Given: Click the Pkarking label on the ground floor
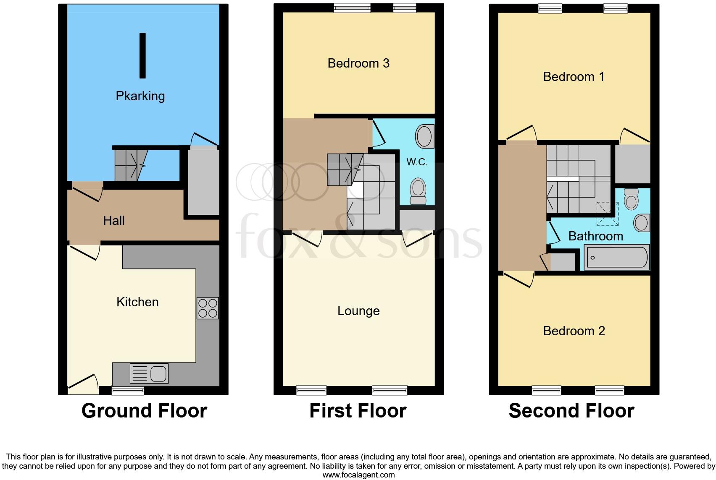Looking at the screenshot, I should tap(140, 96).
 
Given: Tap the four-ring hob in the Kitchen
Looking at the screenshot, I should tap(208, 308).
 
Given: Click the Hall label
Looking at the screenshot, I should tap(114, 221).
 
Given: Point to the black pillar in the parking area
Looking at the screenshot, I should tap(142, 55).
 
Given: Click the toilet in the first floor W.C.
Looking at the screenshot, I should tap(418, 191).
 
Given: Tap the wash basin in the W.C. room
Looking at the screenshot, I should tap(424, 136).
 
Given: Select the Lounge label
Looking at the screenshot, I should tap(358, 311).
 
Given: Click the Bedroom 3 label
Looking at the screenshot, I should tap(358, 63).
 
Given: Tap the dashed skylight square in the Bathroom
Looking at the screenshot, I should tap(607, 214).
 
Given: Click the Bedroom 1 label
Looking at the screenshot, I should tap(574, 77).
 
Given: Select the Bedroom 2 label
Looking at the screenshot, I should tap(574, 331).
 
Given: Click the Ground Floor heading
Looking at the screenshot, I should tap(144, 411).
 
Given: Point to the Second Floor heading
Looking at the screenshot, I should tap(571, 411).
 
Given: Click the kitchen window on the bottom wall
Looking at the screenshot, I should tap(128, 391).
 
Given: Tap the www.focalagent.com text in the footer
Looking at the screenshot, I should tap(358, 475).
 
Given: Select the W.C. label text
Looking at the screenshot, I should tap(417, 162).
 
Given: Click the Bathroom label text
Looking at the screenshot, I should tap(595, 236).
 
